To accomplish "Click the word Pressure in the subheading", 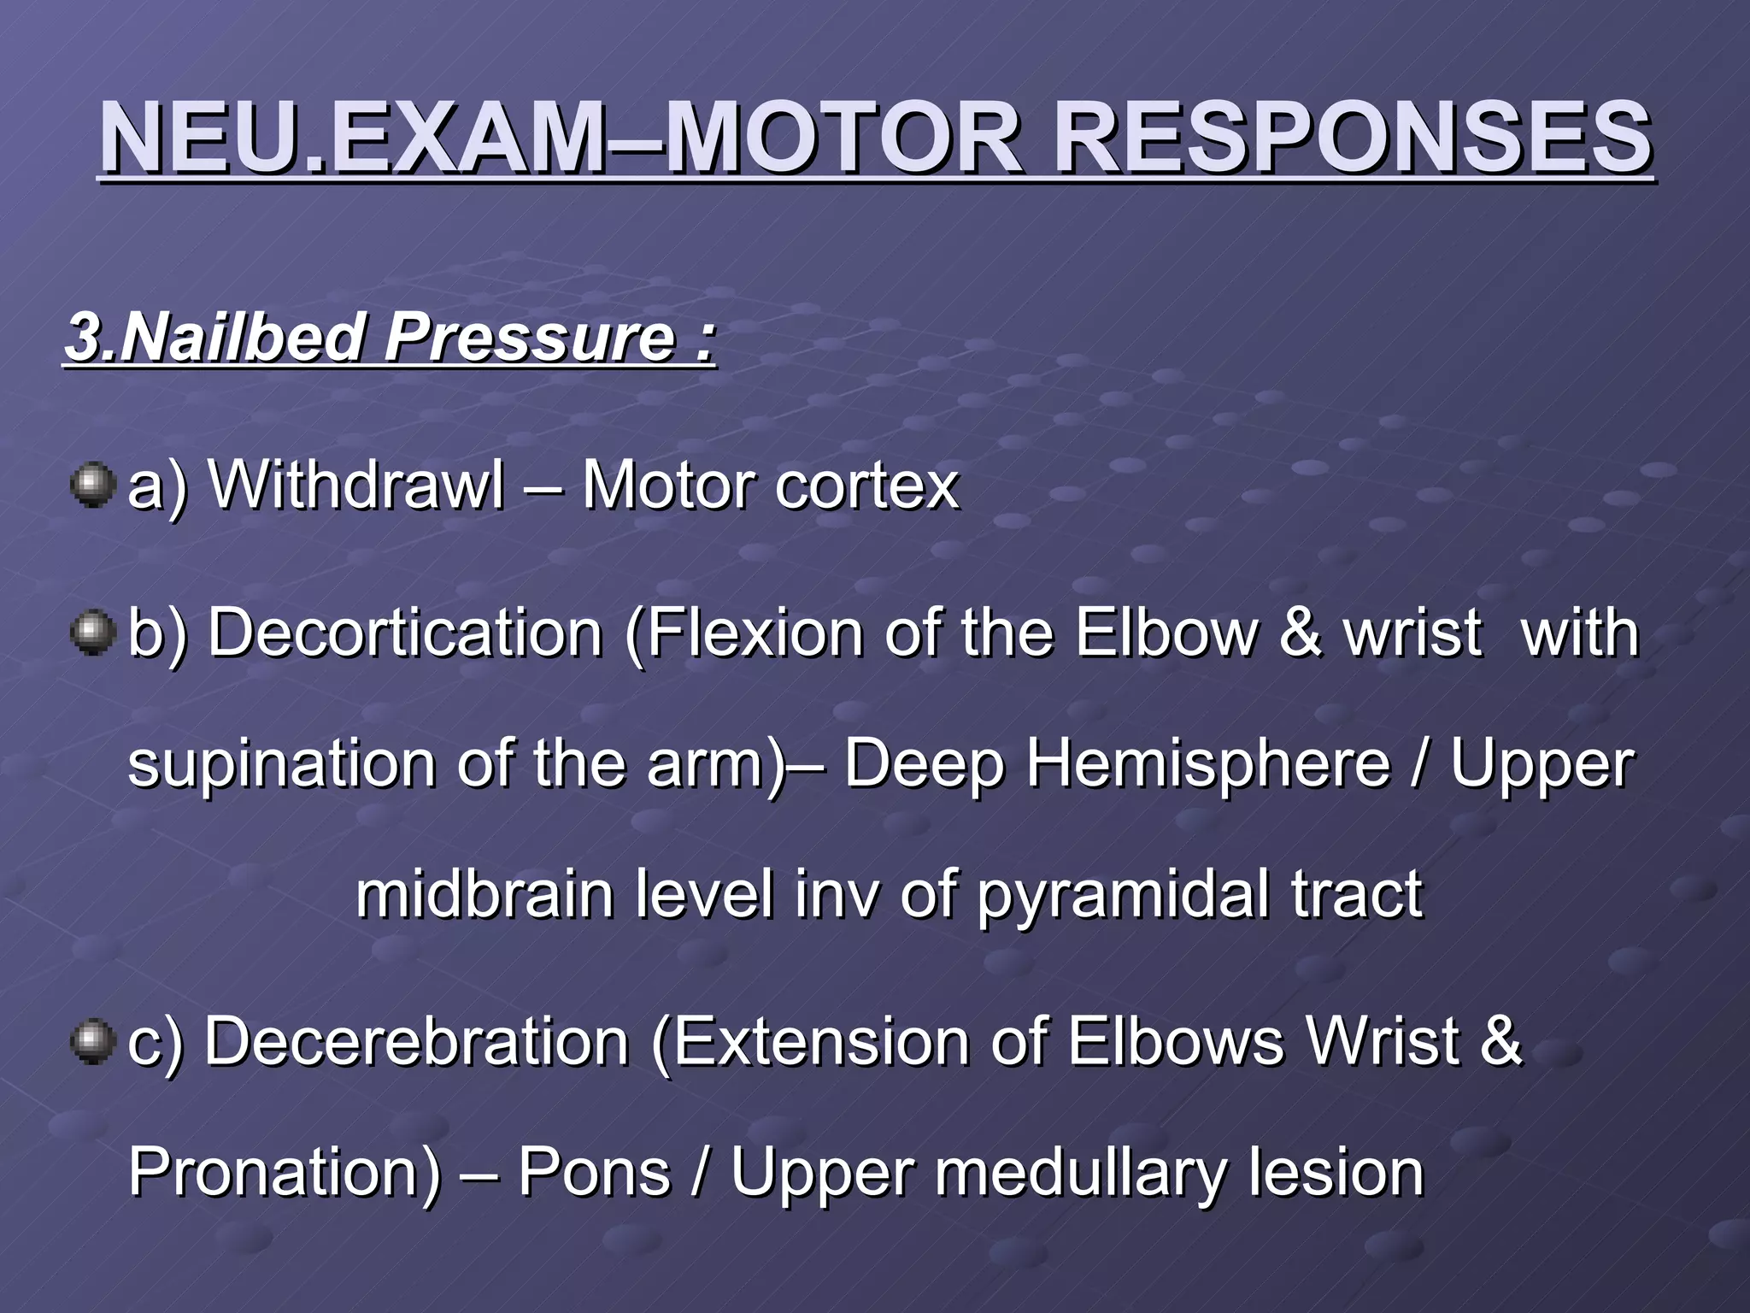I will click(530, 338).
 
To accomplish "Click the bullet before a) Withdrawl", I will click(92, 486).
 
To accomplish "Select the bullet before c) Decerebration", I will click(92, 1041).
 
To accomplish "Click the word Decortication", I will click(406, 633).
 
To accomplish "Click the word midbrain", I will click(484, 894).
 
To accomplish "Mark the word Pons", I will click(594, 1172).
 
